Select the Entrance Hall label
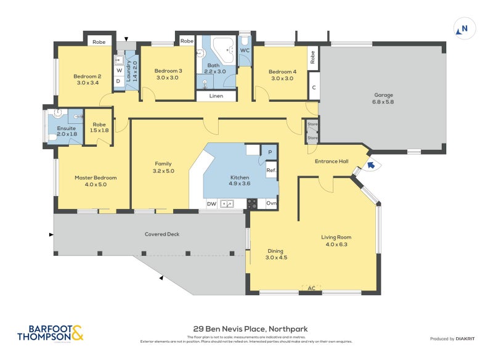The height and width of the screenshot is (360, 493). (x=332, y=162)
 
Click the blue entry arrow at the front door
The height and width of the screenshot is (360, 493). (x=370, y=164)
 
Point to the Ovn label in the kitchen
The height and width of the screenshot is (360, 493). (x=271, y=203)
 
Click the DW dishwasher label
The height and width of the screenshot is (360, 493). (x=211, y=203)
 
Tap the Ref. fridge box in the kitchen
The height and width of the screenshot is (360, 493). (x=271, y=170)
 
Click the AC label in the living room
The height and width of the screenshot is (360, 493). (x=311, y=288)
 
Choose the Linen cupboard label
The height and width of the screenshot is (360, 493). (x=216, y=96)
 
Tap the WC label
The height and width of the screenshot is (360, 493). (x=245, y=50)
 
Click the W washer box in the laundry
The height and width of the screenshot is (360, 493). (x=119, y=70)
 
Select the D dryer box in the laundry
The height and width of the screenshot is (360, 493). (x=118, y=81)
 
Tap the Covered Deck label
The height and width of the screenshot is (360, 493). (x=161, y=234)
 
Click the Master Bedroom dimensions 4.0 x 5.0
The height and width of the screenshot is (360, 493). (x=96, y=184)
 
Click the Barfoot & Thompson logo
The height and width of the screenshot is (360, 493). (x=50, y=333)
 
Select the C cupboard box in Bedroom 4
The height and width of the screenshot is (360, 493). (x=314, y=87)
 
